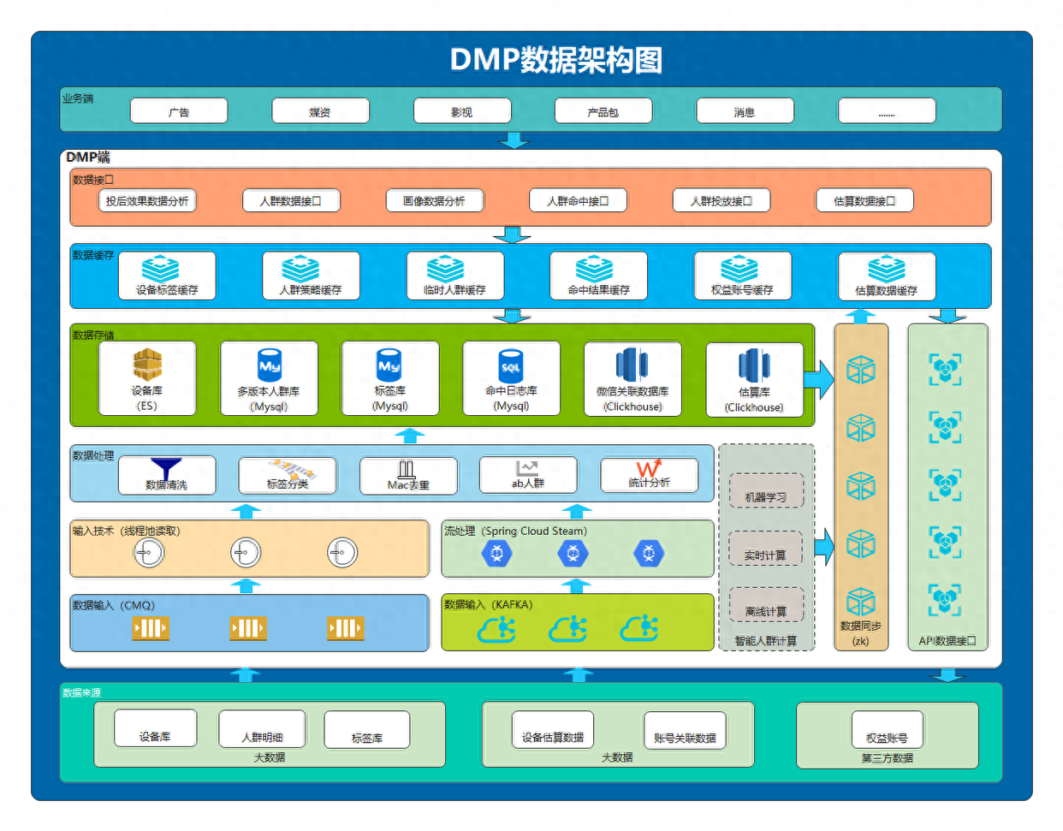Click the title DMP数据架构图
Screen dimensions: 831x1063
(x=556, y=60)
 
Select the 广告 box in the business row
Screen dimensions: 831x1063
(x=179, y=111)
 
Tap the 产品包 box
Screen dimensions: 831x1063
(x=603, y=111)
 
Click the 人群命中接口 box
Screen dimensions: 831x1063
(x=578, y=201)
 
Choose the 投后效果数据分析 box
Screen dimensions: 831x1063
(x=147, y=201)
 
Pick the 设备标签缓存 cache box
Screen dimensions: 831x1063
(x=167, y=276)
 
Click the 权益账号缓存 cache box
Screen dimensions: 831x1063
(x=742, y=276)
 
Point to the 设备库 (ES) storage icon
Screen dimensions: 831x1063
(x=147, y=365)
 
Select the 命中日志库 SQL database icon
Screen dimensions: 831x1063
(x=511, y=365)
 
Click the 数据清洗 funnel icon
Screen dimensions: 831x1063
(x=166, y=468)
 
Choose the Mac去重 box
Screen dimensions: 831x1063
(x=408, y=476)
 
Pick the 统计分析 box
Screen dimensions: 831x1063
(x=649, y=475)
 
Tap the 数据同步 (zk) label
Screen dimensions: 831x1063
(x=860, y=633)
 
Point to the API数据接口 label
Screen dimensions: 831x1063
(x=947, y=640)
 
